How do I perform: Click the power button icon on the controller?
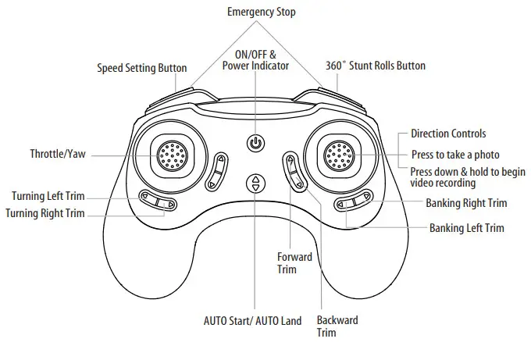click(255, 143)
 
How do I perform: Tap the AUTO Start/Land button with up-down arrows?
click(255, 184)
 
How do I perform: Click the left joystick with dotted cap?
click(170, 155)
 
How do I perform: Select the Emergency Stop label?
click(261, 12)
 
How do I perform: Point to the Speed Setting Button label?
click(141, 67)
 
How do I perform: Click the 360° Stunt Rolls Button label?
click(375, 66)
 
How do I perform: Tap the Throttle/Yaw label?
click(57, 154)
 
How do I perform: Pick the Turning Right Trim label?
click(45, 212)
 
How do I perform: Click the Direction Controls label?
click(447, 134)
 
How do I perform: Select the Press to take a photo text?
click(454, 154)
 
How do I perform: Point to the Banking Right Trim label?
click(465, 203)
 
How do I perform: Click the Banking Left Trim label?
click(466, 228)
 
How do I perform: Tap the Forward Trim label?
click(294, 262)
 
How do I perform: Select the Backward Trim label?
click(337, 326)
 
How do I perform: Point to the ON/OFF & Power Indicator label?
click(255, 59)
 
